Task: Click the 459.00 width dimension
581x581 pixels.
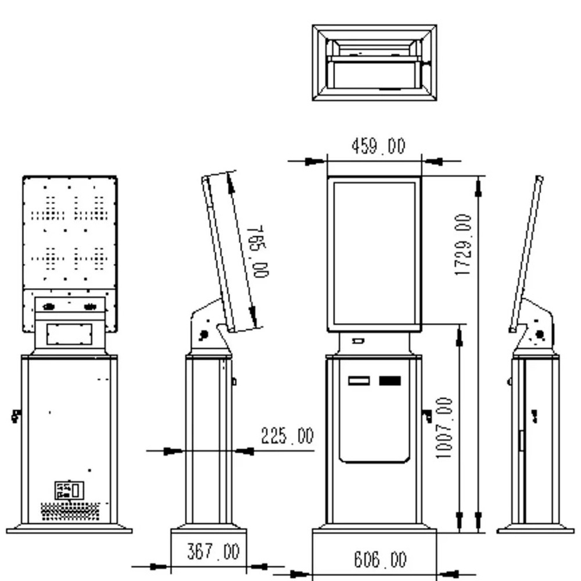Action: [378, 146]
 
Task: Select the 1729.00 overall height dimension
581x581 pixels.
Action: [463, 245]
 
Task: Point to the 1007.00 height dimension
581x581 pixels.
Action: [444, 428]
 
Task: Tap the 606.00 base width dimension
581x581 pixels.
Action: [380, 559]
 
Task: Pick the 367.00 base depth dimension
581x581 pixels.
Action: [213, 551]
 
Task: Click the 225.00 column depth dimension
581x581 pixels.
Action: [287, 435]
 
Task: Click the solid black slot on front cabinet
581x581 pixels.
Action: [390, 381]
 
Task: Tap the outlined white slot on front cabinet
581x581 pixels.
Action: [358, 381]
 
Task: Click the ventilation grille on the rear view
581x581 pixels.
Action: [70, 511]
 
